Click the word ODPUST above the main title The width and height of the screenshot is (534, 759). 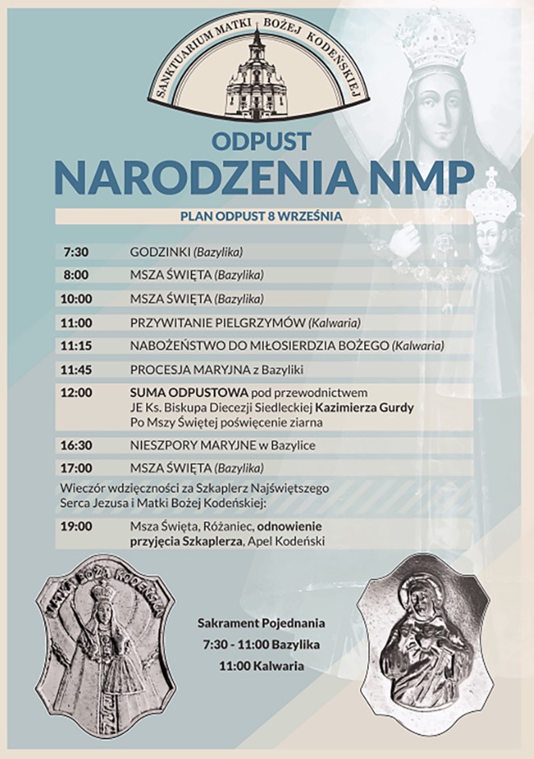click(x=261, y=142)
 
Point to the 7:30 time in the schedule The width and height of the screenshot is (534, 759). click(x=76, y=252)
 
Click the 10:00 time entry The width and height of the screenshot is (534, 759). click(x=77, y=298)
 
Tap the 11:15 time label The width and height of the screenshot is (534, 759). click(x=77, y=346)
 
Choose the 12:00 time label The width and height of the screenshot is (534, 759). click(x=77, y=393)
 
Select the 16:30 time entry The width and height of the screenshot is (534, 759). click(x=77, y=445)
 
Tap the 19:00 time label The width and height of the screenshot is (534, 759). click(x=77, y=526)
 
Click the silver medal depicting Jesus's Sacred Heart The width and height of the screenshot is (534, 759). click(x=417, y=643)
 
